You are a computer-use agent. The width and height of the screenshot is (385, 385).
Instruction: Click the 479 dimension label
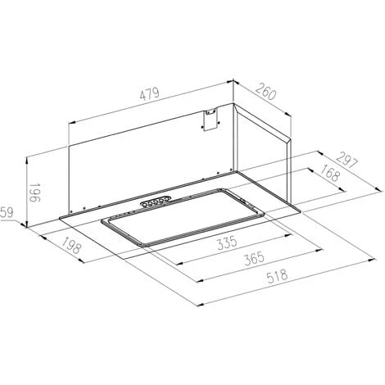149,94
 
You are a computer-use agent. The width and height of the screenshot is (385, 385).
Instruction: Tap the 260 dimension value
266,92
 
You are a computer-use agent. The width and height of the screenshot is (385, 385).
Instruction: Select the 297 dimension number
346,161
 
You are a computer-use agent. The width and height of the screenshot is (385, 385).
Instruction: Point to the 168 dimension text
330,173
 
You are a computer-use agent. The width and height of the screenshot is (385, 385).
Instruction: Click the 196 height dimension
35,192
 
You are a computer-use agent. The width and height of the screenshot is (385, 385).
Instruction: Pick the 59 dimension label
7,213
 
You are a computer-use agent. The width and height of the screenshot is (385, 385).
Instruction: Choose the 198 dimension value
71,245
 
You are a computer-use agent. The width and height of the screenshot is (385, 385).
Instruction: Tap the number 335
227,242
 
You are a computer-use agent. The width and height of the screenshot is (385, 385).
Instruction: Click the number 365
255,258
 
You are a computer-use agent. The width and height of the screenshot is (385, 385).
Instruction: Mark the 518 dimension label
278,276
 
